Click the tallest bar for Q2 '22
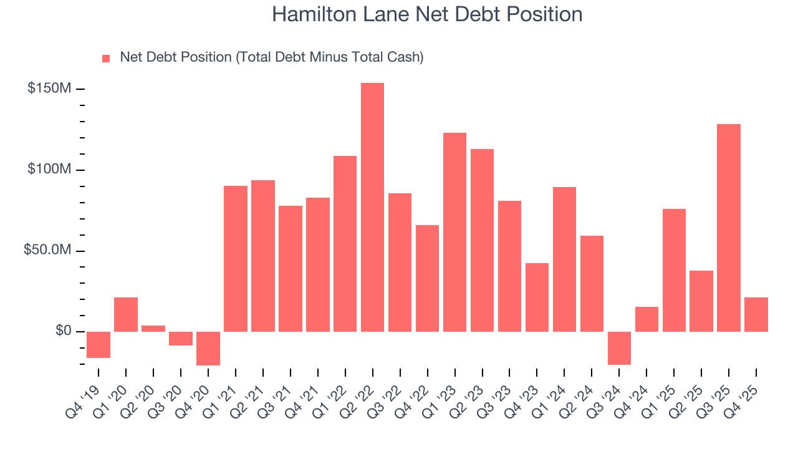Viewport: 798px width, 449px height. pos(372,207)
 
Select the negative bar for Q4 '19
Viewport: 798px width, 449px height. pos(99,344)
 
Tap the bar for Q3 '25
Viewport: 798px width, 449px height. pos(728,228)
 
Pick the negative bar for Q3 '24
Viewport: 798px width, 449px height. pos(619,348)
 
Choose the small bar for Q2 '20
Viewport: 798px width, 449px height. pos(153,328)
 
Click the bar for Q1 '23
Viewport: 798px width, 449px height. pos(454,232)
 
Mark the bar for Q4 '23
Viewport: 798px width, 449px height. pos(537,297)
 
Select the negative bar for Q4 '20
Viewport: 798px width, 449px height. pos(208,348)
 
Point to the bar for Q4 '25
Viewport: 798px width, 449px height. pos(756,314)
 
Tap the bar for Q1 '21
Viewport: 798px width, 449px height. pos(236,258)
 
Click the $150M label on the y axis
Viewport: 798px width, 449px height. pos(49,89)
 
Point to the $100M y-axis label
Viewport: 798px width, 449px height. pos(49,170)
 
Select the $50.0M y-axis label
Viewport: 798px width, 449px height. pos(47,250)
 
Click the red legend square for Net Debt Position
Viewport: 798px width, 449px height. pos(106,58)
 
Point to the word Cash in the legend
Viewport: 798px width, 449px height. pos(403,57)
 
